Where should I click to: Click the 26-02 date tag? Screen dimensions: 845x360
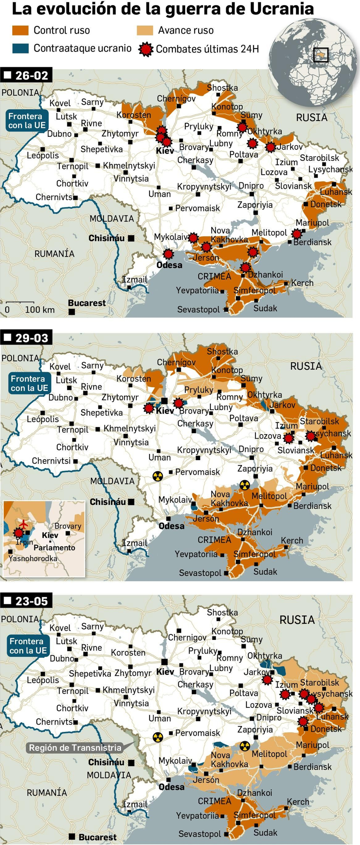pyautogui.click(x=26, y=75)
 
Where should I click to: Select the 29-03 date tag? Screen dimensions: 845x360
pyautogui.click(x=26, y=338)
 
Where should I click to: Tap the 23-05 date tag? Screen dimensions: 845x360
pyautogui.click(x=26, y=601)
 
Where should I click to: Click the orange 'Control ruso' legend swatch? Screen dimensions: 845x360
pyautogui.click(x=20, y=31)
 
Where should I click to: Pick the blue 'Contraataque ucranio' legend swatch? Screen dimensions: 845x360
pyautogui.click(x=20, y=48)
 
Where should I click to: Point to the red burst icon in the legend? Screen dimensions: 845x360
pyautogui.click(x=146, y=49)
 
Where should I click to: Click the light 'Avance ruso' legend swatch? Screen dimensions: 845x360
pyautogui.click(x=145, y=31)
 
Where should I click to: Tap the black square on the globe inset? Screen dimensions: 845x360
pyautogui.click(x=321, y=55)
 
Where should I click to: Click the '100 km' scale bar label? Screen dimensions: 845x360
pyautogui.click(x=40, y=310)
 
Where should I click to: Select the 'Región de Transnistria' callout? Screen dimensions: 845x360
pyautogui.click(x=75, y=748)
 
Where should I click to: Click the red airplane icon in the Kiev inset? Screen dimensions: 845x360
pyautogui.click(x=23, y=523)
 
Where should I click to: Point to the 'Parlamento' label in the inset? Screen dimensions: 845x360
pyautogui.click(x=54, y=548)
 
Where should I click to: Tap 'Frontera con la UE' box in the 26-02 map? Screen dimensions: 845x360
pyautogui.click(x=27, y=121)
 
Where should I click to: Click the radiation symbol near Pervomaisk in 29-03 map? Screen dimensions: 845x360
pyautogui.click(x=158, y=476)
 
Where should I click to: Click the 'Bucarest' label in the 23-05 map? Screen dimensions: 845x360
pyautogui.click(x=97, y=837)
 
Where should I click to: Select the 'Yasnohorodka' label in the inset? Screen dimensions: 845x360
pyautogui.click(x=33, y=559)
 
